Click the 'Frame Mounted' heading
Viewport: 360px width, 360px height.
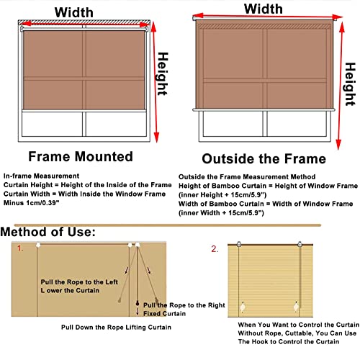(80, 156)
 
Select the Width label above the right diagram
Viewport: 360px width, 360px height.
(263, 9)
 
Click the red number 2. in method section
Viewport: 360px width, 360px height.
(215, 249)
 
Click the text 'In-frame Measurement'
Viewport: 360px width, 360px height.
(40, 176)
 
